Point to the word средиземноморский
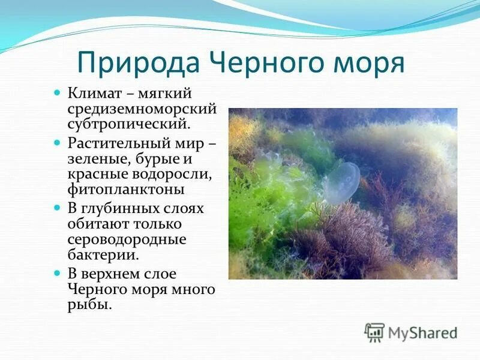coord(142,110)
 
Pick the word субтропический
coord(128,125)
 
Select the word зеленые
coord(97,160)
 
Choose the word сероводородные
coord(127,239)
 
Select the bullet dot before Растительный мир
coord(58,144)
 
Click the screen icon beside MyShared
coord(375,332)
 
